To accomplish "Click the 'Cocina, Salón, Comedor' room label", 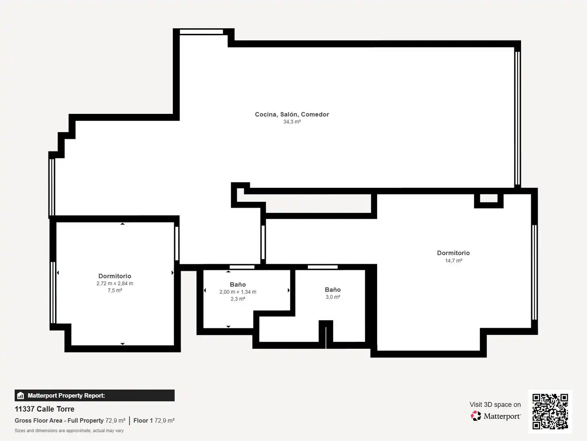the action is coord(292,115).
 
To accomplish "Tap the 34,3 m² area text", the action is coord(292,122).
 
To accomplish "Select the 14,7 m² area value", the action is coord(454,261).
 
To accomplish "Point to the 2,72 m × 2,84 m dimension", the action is coord(115,283).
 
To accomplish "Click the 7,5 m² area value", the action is coord(115,290).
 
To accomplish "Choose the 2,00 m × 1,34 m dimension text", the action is coord(238,292).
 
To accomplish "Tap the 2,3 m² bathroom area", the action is coord(238,299).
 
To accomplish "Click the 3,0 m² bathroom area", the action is coord(333,297).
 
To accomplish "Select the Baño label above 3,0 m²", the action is coord(333,290).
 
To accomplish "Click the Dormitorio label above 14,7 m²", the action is coord(453,253).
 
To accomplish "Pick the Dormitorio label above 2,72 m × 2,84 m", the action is coord(115,276).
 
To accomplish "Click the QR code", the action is coord(550,412).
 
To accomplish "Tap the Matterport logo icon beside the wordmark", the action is coord(476,416).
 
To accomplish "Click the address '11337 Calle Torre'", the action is coord(44,409).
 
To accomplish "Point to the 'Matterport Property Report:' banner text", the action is coord(66,396).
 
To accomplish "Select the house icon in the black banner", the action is coord(21,396).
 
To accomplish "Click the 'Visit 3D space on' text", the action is coord(495,405).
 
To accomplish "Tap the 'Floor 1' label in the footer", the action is coord(143,421).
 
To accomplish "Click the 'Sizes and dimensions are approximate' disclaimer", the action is coord(69,430).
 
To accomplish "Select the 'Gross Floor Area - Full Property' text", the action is coord(59,421).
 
